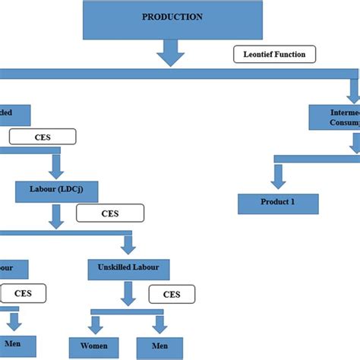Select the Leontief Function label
[x=273, y=55]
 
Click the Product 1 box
[x=278, y=204]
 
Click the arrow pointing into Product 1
[x=278, y=176]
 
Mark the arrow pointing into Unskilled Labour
[x=127, y=245]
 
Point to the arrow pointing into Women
[x=96, y=324]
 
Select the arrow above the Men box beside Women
[x=160, y=324]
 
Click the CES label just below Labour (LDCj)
[x=109, y=213]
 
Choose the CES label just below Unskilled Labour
[x=171, y=293]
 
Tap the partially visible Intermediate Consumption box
[x=334, y=117]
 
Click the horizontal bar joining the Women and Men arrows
[x=128, y=312]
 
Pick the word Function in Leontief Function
[x=292, y=55]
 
